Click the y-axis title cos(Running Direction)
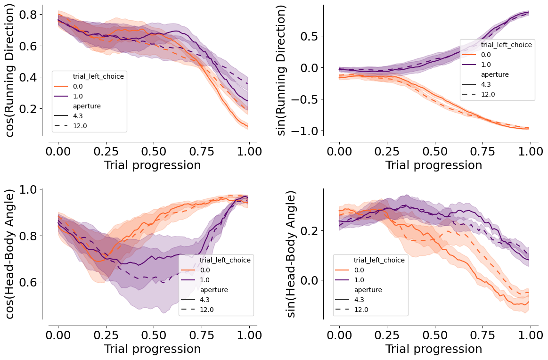pyautogui.click(x=11, y=70)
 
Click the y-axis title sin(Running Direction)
pyautogui.click(x=281, y=70)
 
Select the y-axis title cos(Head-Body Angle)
pyautogui.click(x=11, y=254)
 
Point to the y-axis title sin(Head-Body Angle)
pyautogui.click(x=291, y=254)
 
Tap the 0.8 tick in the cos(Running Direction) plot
pyautogui.click(x=29, y=15)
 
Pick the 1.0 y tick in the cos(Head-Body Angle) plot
pyautogui.click(x=29, y=189)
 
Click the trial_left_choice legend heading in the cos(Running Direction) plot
pyautogui.click(x=98, y=76)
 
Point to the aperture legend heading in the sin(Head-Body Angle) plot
pyautogui.click(x=368, y=290)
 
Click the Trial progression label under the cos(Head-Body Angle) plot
pyautogui.click(x=153, y=349)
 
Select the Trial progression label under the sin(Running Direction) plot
pyautogui.click(x=433, y=165)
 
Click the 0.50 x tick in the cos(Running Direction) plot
pyautogui.click(x=154, y=151)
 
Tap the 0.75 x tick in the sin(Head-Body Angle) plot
pyautogui.click(x=483, y=335)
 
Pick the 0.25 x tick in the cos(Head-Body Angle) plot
pyautogui.click(x=106, y=335)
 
